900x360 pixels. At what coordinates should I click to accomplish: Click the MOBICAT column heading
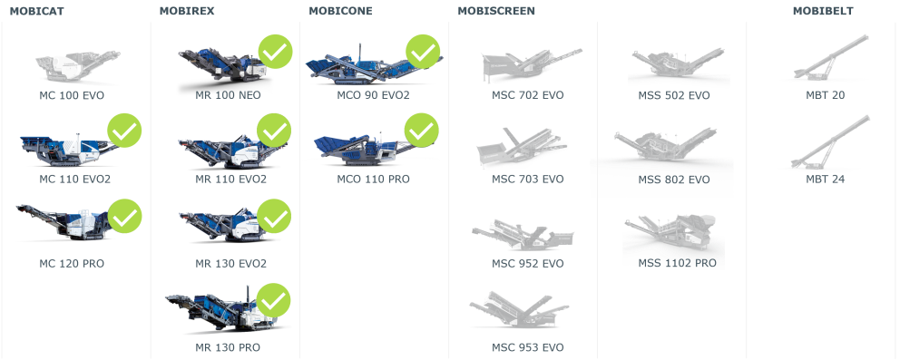point(36,11)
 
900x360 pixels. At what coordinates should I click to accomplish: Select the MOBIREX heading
point(187,11)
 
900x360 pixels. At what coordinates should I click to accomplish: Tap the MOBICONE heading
point(340,11)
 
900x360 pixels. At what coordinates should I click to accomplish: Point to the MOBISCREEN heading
point(496,11)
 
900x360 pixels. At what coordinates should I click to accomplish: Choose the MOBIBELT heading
point(823,11)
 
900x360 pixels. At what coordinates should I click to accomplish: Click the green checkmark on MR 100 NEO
point(276,53)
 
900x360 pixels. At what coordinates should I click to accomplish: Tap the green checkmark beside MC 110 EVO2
point(124,131)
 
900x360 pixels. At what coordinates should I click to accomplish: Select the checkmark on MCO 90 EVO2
point(423,53)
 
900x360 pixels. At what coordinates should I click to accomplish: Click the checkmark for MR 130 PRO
point(274,300)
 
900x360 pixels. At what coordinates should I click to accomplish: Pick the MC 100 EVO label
point(72,95)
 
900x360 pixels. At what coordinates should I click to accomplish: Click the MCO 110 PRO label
point(373,180)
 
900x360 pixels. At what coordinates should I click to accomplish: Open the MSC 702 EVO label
point(527,95)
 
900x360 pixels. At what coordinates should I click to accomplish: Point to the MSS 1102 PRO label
point(678,263)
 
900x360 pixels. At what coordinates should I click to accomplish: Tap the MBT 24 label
point(826,180)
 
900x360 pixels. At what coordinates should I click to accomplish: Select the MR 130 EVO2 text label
point(230,264)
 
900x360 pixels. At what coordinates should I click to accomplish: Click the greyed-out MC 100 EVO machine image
point(77,64)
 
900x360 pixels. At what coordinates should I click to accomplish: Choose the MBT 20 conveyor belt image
point(831,57)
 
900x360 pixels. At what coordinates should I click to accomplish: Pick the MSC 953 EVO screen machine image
point(520,310)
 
